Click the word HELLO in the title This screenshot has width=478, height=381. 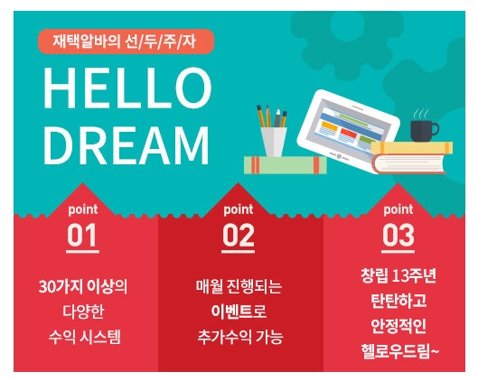pyautogui.click(x=127, y=88)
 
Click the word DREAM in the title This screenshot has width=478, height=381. pyautogui.click(x=127, y=145)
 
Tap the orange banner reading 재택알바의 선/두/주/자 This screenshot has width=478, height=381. pyautogui.click(x=126, y=42)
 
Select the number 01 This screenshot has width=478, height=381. pyautogui.click(x=82, y=235)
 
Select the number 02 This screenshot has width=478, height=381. pyautogui.click(x=238, y=235)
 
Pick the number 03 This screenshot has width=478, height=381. pyautogui.click(x=398, y=235)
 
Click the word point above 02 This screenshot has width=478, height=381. pyautogui.click(x=238, y=209)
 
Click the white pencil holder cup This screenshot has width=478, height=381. pyautogui.click(x=274, y=142)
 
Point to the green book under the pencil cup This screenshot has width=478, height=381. pyautogui.click(x=286, y=165)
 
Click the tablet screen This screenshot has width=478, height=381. pyautogui.click(x=348, y=125)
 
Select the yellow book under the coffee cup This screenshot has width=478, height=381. pyautogui.click(x=411, y=148)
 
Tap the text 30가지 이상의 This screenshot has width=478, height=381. pyautogui.click(x=83, y=286)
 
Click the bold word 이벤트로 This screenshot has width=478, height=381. pyautogui.click(x=239, y=311)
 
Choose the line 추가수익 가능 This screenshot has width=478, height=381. pyautogui.click(x=240, y=337)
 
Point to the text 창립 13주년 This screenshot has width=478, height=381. pyautogui.click(x=398, y=275)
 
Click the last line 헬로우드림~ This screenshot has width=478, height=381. pyautogui.click(x=400, y=351)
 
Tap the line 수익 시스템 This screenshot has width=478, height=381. pyautogui.click(x=84, y=337)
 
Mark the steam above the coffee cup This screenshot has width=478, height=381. pyautogui.click(x=421, y=114)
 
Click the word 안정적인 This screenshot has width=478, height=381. pyautogui.click(x=398, y=326)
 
